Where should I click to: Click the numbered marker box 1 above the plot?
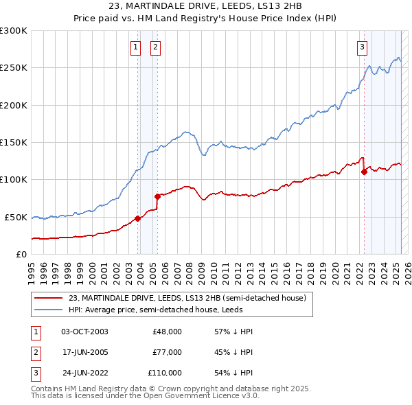click(x=135, y=47)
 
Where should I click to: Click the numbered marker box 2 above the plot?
click(x=156, y=47)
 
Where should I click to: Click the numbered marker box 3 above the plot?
click(x=361, y=47)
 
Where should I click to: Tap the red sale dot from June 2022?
click(x=364, y=172)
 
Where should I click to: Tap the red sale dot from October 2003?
click(x=137, y=218)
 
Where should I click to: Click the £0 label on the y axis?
click(x=21, y=254)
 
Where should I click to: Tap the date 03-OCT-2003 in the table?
click(x=84, y=331)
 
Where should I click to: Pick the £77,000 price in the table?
click(x=167, y=352)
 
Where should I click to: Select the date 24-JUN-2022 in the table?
click(x=84, y=373)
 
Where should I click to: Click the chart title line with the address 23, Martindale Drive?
click(x=205, y=6)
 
